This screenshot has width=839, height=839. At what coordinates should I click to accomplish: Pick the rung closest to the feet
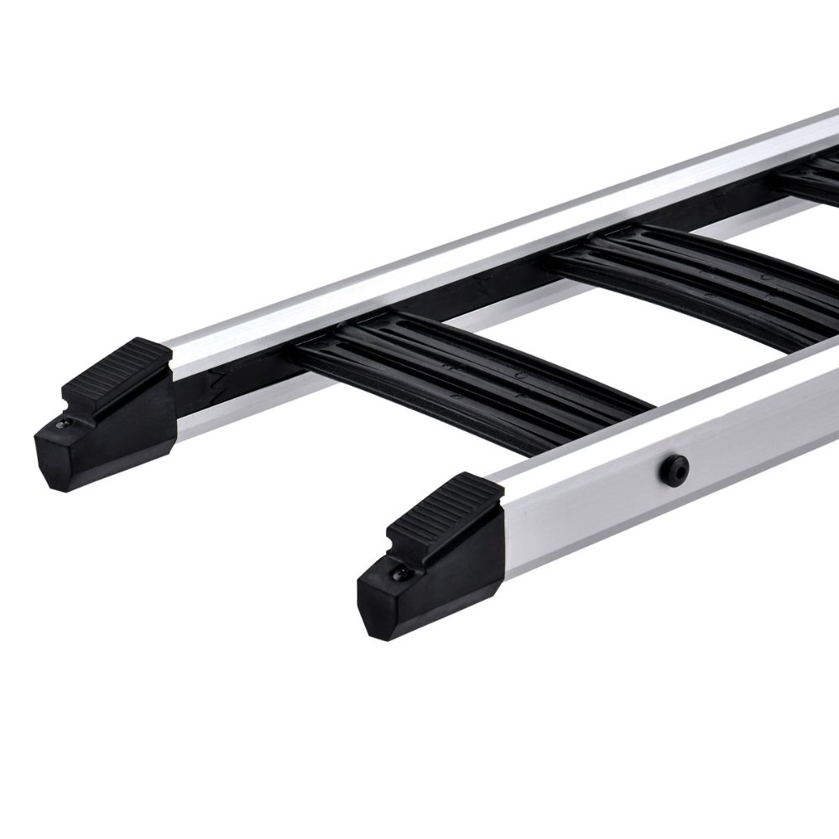pyautogui.click(x=470, y=373)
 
